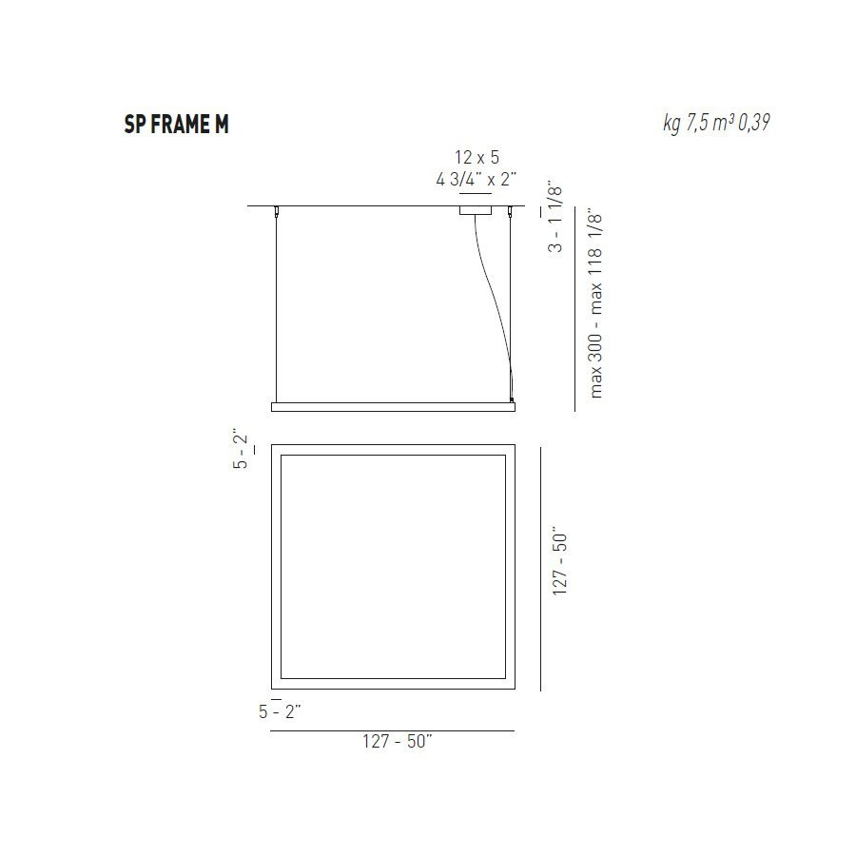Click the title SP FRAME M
click(x=176, y=125)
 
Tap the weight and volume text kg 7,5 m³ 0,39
click(x=715, y=124)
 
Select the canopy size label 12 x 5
click(x=476, y=157)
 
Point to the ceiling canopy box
click(x=476, y=210)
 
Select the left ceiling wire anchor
click(x=277, y=209)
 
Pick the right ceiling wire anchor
click(x=511, y=210)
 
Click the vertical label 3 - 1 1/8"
click(x=556, y=217)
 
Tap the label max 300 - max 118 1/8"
click(x=596, y=302)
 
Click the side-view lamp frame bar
click(x=393, y=406)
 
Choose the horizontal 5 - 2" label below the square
click(x=280, y=711)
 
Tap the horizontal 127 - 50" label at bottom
click(x=397, y=743)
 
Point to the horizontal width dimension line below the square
click(x=392, y=730)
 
